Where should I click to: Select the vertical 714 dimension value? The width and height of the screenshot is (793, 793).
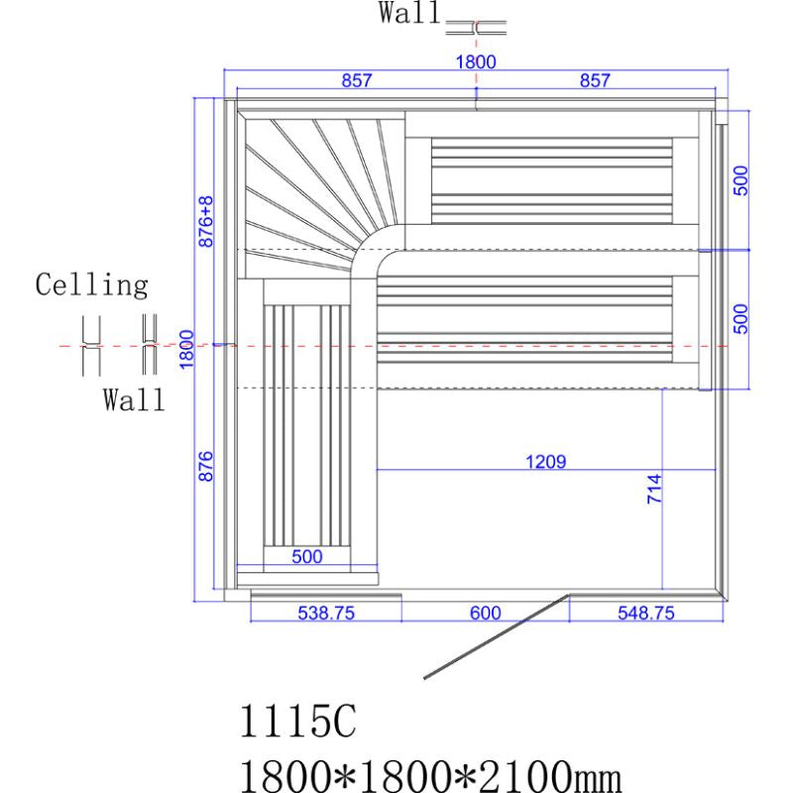(x=655, y=490)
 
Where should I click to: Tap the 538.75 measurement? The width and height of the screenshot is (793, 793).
(x=326, y=614)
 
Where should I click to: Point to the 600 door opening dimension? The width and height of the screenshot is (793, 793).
(x=486, y=614)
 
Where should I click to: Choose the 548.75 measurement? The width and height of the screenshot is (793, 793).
(x=646, y=614)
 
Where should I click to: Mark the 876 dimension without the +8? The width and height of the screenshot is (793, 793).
(x=206, y=466)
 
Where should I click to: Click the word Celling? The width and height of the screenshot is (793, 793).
(x=92, y=286)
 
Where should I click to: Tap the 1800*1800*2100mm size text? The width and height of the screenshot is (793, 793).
(x=430, y=771)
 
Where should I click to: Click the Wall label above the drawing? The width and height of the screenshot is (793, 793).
(x=408, y=14)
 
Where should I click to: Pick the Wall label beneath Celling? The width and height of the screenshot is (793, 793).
(x=135, y=401)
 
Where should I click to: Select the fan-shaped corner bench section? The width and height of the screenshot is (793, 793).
(x=317, y=188)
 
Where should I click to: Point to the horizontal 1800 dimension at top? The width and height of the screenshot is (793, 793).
(x=475, y=61)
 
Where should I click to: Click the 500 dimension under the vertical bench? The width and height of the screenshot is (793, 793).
(x=307, y=557)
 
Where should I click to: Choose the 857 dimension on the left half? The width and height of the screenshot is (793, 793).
(x=357, y=81)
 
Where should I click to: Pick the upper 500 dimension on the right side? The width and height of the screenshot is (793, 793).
(x=740, y=181)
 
